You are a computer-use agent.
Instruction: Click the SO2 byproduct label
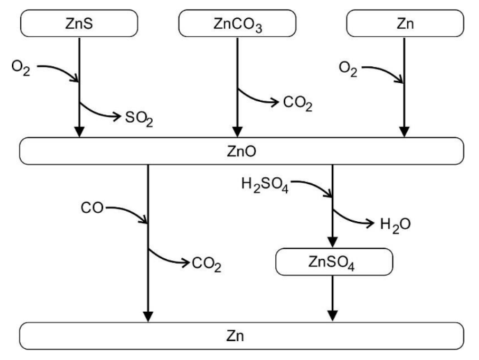click(139, 119)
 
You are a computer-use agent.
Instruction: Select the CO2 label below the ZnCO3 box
click(298, 105)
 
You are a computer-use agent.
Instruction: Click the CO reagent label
click(93, 208)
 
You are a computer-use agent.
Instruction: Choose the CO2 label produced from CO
click(206, 264)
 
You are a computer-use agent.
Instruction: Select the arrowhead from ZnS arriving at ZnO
click(79, 132)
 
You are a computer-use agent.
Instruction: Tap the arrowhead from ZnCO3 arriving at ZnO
click(238, 132)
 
